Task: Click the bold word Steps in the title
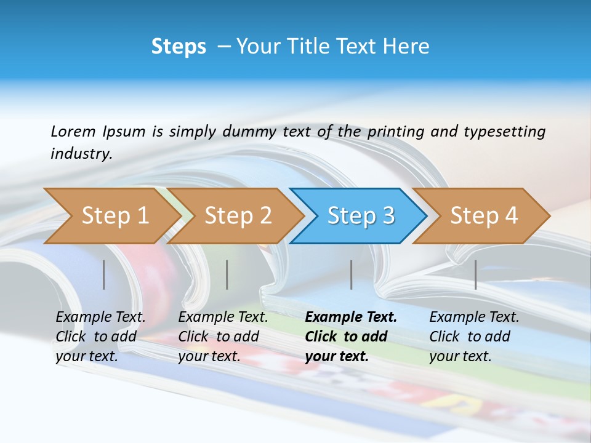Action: coord(179,47)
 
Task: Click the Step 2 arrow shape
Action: coord(238,215)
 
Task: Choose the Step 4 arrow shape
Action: coord(484,215)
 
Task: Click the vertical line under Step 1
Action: coord(104,274)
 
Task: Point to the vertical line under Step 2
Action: coord(227,274)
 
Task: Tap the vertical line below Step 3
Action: coord(352,274)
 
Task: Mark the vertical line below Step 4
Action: coord(476,274)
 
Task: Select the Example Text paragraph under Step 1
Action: coord(100,337)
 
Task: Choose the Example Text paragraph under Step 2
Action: coord(223,337)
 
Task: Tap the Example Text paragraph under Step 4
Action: coord(474,337)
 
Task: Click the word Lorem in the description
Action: coord(73,132)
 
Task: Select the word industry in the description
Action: coord(81,153)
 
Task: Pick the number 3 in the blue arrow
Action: coord(388,215)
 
